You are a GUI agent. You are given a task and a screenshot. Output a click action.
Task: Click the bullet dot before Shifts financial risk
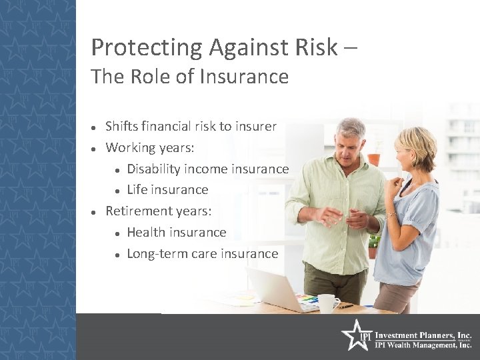[x=95, y=127]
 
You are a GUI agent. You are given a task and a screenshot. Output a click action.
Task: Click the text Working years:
[x=151, y=147]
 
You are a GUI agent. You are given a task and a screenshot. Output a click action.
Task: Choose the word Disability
[x=155, y=169]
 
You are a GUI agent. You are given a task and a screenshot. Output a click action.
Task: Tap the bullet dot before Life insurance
[x=117, y=191]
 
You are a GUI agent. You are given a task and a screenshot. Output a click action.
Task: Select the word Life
[x=137, y=190]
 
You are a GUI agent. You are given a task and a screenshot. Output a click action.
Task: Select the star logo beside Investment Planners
[x=355, y=335]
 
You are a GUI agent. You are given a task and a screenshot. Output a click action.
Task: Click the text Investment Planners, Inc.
[x=423, y=335]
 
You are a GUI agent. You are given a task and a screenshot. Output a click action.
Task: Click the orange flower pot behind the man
[x=374, y=159]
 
